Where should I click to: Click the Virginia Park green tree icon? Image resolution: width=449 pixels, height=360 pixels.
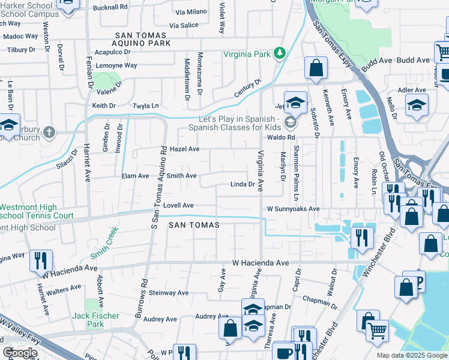[x=279, y=54]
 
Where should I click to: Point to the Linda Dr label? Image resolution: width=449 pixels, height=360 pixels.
[x=243, y=184]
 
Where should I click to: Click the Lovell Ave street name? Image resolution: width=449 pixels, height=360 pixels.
[x=178, y=205]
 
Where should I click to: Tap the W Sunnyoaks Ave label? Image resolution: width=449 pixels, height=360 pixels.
[x=292, y=209]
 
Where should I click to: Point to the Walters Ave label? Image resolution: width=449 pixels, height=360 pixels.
[x=65, y=288]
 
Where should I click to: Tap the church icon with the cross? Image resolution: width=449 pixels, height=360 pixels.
[x=50, y=131]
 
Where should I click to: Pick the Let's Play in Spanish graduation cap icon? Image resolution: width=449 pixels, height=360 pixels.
[x=291, y=123]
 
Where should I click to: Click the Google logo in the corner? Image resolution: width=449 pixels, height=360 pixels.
[x=19, y=353]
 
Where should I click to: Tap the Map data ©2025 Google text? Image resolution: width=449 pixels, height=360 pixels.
[x=412, y=355]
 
